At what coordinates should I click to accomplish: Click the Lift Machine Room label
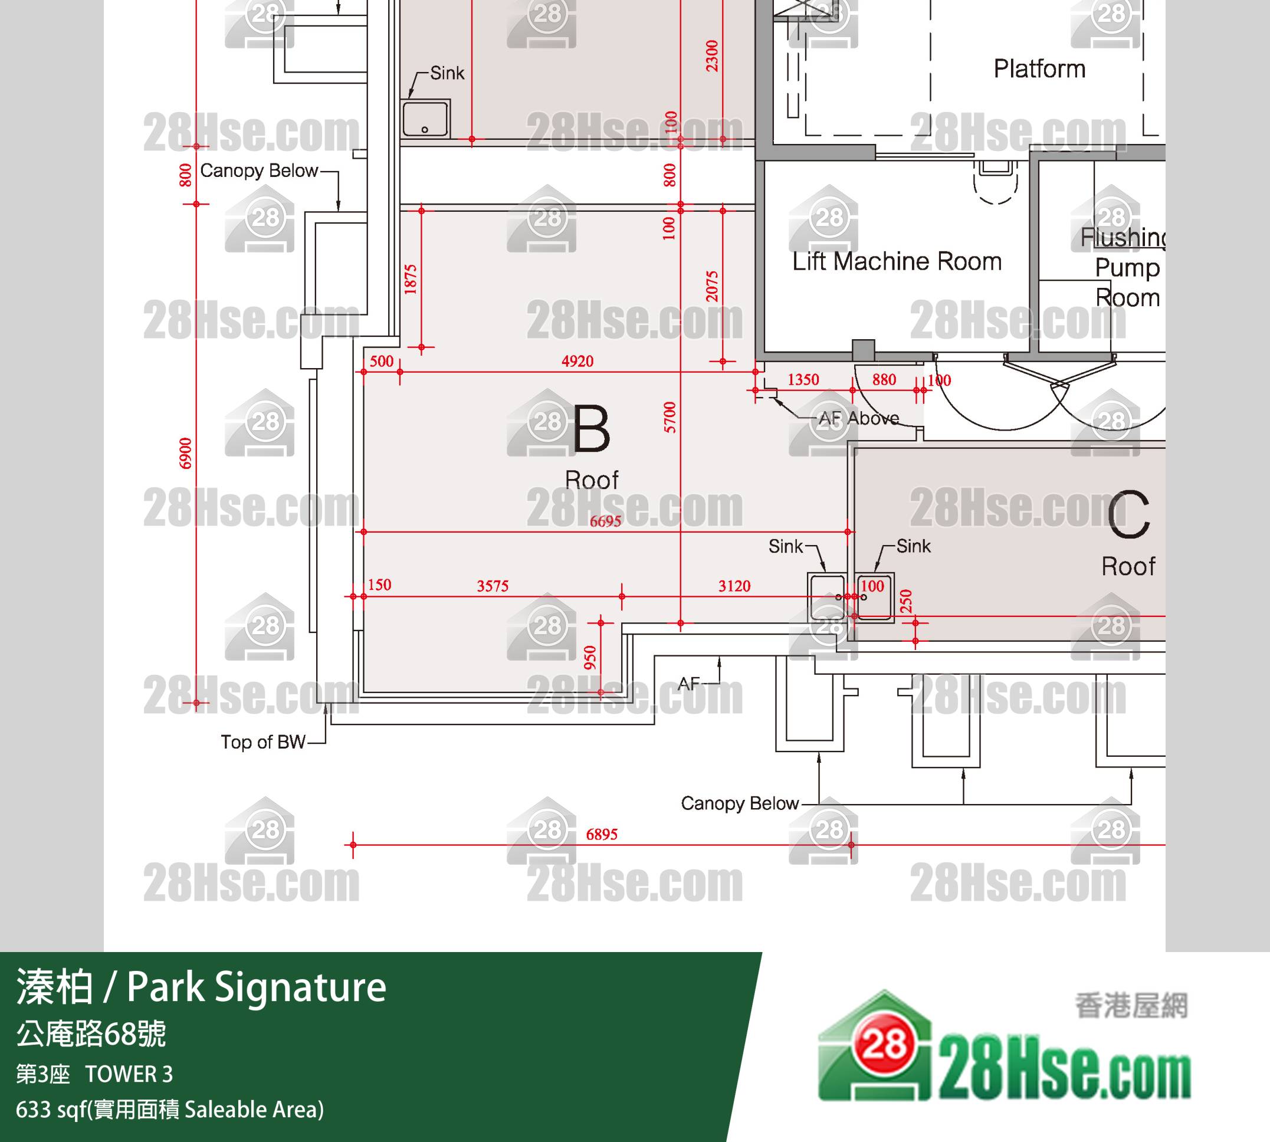(x=897, y=261)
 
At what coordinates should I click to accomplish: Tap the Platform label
(x=1039, y=68)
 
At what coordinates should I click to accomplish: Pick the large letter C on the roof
(x=1128, y=514)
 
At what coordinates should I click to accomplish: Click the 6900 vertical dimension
(x=185, y=454)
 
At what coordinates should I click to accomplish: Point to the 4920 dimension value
(x=577, y=361)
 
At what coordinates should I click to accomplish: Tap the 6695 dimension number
(x=606, y=521)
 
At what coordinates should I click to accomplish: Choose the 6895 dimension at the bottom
(x=602, y=834)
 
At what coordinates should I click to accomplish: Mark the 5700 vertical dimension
(x=670, y=417)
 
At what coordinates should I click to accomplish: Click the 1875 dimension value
(x=411, y=279)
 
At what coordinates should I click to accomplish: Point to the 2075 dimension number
(x=711, y=286)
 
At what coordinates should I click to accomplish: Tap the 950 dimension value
(x=590, y=658)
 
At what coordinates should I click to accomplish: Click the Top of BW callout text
(x=263, y=741)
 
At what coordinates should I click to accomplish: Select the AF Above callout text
(x=859, y=418)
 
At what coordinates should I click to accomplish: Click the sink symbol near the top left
(x=425, y=118)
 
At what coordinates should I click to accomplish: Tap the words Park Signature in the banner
(x=257, y=987)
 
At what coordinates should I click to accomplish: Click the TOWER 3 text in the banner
(x=129, y=1074)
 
